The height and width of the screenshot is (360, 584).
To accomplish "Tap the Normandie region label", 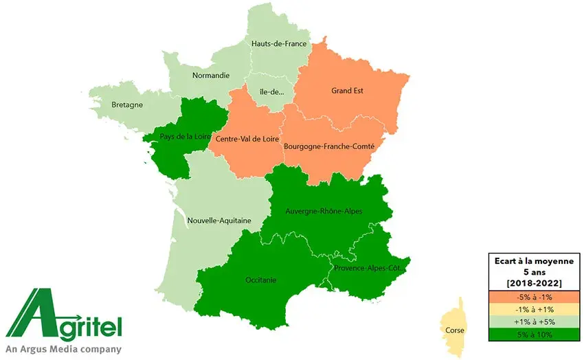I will point(211,76).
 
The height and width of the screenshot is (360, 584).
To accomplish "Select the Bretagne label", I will point(127,105).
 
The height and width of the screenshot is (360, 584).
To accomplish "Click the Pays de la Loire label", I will point(185,136).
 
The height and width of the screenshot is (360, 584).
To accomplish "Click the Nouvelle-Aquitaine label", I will point(219,221).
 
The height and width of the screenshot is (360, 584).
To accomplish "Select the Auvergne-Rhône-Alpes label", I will point(324,211).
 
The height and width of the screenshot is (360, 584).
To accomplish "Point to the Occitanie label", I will point(260,280).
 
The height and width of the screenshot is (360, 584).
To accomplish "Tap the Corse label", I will point(453,330).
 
